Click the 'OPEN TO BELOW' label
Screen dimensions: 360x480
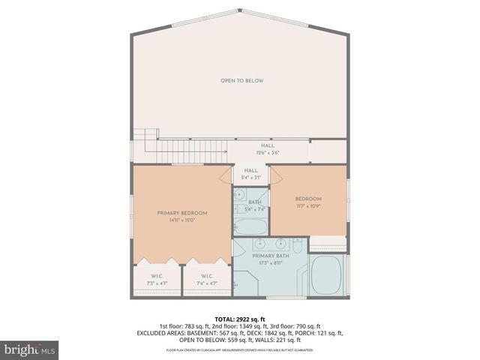coord(241,80)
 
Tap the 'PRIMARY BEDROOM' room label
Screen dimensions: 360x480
coord(182,213)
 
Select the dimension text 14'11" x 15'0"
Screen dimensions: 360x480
coord(182,220)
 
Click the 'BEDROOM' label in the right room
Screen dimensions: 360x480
coord(309,197)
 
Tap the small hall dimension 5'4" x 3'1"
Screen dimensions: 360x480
coord(250,178)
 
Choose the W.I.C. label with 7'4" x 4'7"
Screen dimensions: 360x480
coord(208,280)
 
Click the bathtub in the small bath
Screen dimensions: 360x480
coord(250,226)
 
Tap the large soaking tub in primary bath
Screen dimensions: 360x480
coord(326,274)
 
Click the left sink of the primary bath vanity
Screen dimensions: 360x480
coord(259,244)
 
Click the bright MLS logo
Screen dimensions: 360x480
coord(30,349)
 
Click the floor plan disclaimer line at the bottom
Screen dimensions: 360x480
coord(240,350)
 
